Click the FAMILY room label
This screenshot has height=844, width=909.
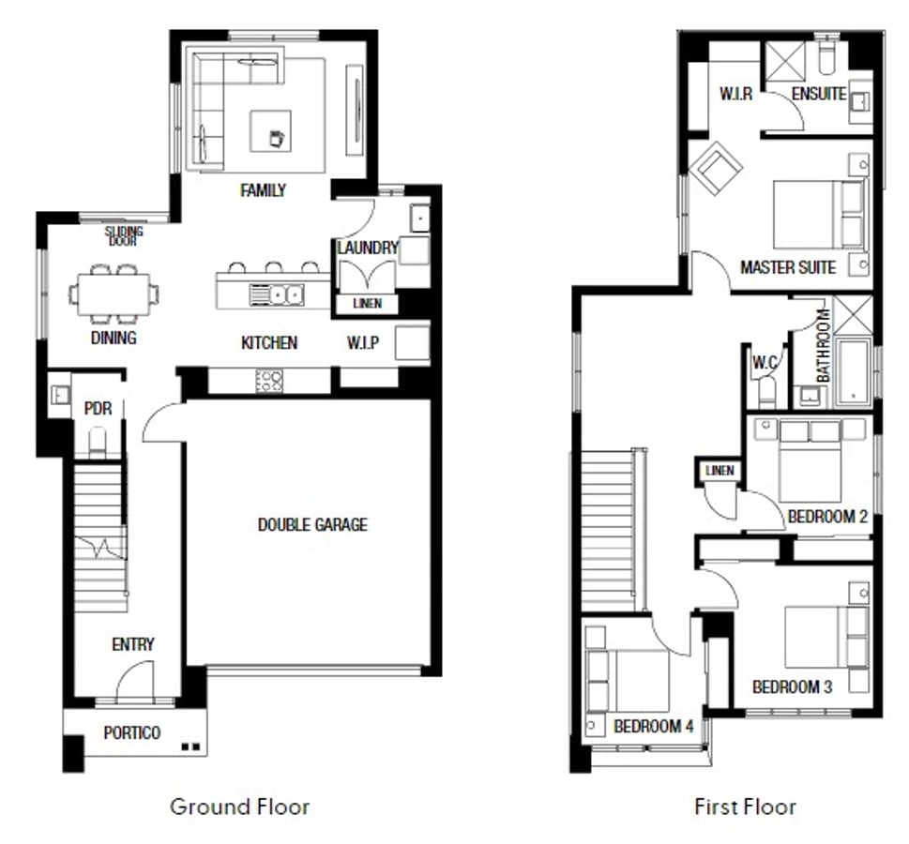pos(264,190)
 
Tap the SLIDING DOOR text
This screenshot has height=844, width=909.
pos(124,236)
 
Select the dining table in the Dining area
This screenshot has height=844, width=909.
pos(114,294)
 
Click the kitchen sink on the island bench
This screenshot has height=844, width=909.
pos(277,295)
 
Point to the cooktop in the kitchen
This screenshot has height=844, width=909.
pos(269,381)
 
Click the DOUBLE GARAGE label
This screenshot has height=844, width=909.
pos(312,524)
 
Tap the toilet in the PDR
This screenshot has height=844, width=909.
pos(98,442)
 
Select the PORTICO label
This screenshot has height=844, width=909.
pos(131,732)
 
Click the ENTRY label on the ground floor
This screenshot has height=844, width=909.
pos(133,644)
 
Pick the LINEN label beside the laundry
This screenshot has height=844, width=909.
pos(368,303)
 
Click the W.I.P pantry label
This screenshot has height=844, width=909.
pos(363,342)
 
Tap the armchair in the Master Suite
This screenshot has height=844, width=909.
pos(716,168)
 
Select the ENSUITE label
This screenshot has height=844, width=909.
pos(819,94)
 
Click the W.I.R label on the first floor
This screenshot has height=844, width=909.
pos(735,94)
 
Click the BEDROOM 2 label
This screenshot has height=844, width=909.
pos(827,517)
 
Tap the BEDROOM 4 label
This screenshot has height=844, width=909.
pos(653,726)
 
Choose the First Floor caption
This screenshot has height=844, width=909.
pos(745,806)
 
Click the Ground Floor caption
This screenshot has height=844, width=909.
pos(239,806)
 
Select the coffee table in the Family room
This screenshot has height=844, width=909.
pos(270,131)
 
